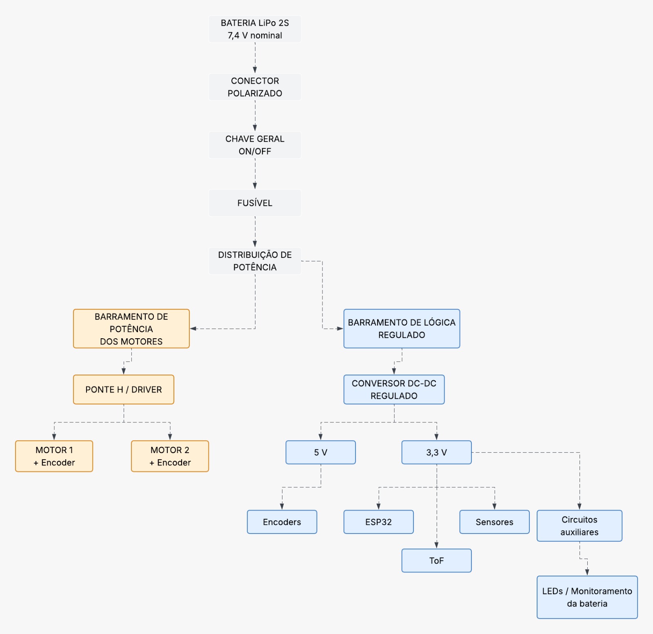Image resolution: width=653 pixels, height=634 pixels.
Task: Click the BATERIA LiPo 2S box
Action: (x=255, y=29)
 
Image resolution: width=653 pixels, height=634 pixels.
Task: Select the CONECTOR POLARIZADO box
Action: (x=255, y=87)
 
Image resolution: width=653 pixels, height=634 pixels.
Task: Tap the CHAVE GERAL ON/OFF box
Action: (x=255, y=145)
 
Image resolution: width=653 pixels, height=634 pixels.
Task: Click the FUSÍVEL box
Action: (x=255, y=203)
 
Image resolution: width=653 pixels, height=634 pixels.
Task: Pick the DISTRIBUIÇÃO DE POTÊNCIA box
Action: (x=255, y=261)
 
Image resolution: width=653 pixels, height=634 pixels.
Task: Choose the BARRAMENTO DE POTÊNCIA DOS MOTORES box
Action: (x=131, y=329)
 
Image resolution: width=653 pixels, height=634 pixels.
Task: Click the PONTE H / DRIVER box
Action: (x=124, y=390)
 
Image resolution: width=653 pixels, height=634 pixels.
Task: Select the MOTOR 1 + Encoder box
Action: (x=54, y=456)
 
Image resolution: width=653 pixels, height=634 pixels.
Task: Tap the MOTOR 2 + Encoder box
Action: (x=170, y=456)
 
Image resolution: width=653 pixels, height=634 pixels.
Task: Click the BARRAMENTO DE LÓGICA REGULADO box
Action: (x=402, y=329)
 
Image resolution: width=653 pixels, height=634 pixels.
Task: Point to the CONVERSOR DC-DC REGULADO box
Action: (x=394, y=390)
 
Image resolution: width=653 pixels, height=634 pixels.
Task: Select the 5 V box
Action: (x=321, y=452)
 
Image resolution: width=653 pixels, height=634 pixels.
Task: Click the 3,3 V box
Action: (x=437, y=452)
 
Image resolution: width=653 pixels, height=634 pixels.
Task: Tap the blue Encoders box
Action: (x=282, y=522)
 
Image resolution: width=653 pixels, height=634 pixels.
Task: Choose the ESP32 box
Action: (x=379, y=522)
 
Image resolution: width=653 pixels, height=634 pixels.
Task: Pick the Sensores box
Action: (x=495, y=522)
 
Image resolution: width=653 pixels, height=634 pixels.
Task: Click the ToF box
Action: (x=437, y=560)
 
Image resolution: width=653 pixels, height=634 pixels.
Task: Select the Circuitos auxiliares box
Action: (x=580, y=526)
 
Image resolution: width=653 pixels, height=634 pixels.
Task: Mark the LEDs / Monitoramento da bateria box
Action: (x=587, y=597)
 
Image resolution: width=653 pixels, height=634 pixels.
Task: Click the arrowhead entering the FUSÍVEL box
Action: (x=255, y=186)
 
